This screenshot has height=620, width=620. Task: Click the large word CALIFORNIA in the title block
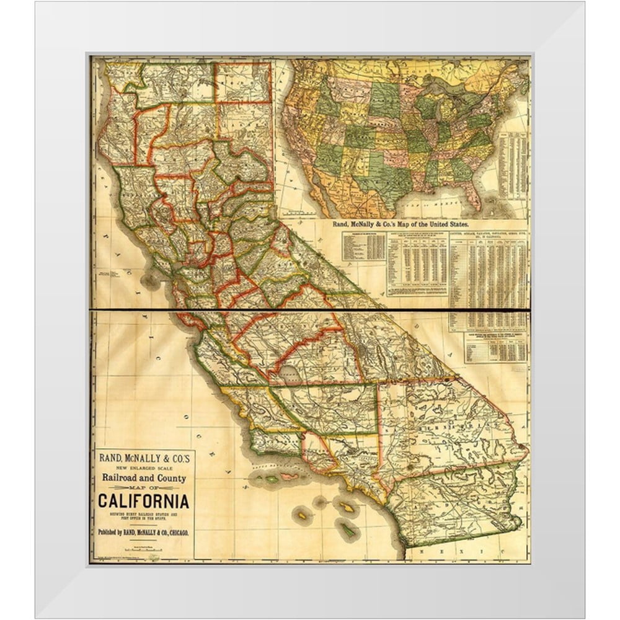pyautogui.click(x=143, y=500)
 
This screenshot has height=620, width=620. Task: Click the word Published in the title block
pyautogui.click(x=112, y=532)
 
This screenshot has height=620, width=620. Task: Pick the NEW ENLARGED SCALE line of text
pyautogui.click(x=143, y=467)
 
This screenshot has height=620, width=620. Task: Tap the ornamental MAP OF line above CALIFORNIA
pyautogui.click(x=143, y=488)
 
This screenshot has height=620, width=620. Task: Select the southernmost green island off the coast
pyautogui.click(x=349, y=530)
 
